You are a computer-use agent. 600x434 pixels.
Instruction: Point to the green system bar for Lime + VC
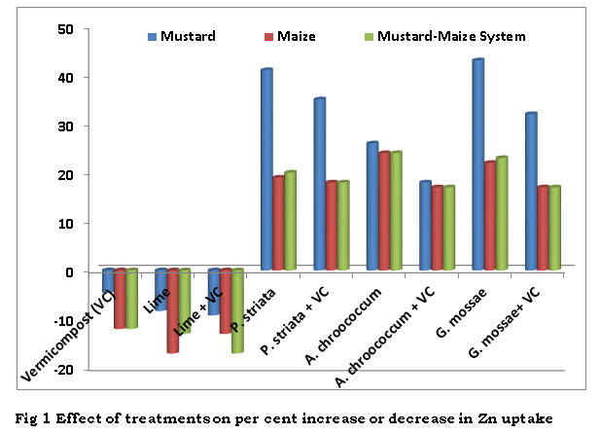(x=237, y=310)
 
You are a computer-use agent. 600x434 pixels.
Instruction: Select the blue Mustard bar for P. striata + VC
(x=318, y=184)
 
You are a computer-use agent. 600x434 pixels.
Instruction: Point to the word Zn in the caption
(x=498, y=418)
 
